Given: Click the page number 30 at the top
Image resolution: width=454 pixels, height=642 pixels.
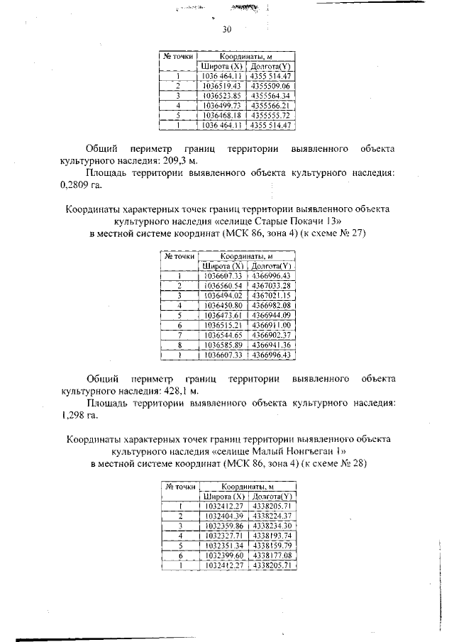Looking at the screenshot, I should pyautogui.click(x=227, y=30).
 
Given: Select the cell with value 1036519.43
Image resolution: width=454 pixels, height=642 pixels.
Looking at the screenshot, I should pyautogui.click(x=223, y=86).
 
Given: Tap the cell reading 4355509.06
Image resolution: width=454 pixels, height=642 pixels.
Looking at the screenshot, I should pyautogui.click(x=271, y=86).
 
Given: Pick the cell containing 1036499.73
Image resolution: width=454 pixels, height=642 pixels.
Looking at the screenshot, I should pyautogui.click(x=223, y=106).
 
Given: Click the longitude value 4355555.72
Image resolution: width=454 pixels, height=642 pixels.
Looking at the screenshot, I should pyautogui.click(x=271, y=116).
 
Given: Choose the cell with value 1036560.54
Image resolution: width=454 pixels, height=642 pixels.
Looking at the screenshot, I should pyautogui.click(x=223, y=285).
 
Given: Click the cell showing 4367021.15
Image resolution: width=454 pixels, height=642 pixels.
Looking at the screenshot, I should pyautogui.click(x=272, y=295).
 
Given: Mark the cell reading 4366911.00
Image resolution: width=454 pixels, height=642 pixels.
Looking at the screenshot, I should pyautogui.click(x=272, y=325).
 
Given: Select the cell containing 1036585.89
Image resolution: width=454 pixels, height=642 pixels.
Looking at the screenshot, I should pyautogui.click(x=223, y=345).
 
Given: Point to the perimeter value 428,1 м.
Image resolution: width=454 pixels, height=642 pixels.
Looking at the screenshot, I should pyautogui.click(x=172, y=391).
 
